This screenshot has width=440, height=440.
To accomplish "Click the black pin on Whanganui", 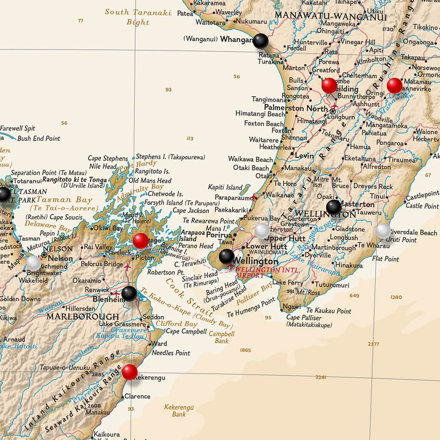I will [260, 41].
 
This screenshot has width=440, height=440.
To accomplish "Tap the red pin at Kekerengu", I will [129, 372].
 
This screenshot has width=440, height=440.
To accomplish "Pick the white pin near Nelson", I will [34, 263].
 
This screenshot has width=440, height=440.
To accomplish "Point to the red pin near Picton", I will [141, 241].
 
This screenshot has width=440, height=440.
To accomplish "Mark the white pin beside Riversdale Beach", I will [383, 231].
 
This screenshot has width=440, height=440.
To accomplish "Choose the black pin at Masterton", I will [333, 207].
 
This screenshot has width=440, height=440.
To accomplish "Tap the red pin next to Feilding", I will [329, 86].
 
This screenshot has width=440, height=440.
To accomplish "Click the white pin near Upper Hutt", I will [262, 231].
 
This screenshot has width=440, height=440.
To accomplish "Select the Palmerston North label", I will [296, 108].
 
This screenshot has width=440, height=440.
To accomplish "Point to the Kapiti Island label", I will [225, 187].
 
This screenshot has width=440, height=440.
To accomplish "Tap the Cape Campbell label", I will [184, 331].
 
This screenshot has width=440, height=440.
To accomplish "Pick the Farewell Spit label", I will [18, 128].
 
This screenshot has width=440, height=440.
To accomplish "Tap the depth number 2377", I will [373, 344].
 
